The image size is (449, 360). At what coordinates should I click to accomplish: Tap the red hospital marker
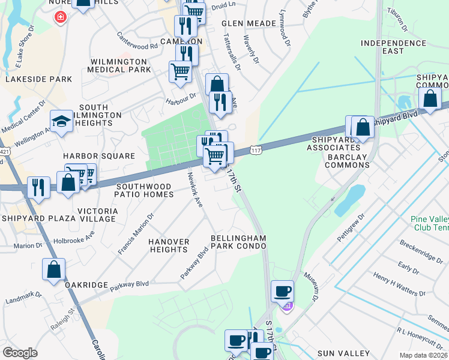coord(60,17)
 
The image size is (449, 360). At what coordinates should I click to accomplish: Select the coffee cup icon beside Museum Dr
coord(283,292)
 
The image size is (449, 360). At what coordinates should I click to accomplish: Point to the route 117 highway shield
coord(256,148)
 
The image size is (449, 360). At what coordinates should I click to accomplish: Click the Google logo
coord(20,353)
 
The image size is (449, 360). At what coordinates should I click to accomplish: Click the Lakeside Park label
coord(38,79)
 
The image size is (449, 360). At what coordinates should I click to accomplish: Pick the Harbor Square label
coord(99,156)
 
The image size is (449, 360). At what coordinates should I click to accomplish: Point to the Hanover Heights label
coord(169,245)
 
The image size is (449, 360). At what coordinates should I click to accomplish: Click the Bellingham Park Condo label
coord(238,242)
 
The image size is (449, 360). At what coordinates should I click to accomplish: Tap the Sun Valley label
coord(343,353)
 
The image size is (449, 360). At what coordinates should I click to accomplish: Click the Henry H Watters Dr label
coord(399,284)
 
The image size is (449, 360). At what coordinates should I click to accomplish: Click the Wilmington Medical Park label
coord(119,65)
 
